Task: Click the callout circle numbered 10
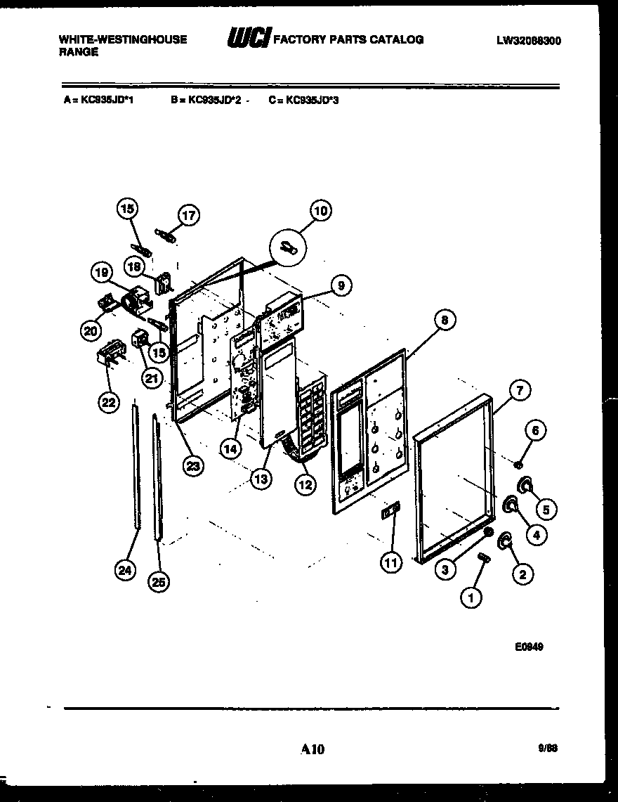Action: [320, 210]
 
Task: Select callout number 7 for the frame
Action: [519, 391]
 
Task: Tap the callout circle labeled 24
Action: [125, 571]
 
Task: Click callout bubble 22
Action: [108, 403]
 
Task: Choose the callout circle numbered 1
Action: [471, 598]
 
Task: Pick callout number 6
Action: [536, 430]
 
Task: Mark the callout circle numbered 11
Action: [390, 561]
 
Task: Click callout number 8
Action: [444, 321]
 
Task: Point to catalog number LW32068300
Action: [528, 41]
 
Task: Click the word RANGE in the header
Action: [78, 51]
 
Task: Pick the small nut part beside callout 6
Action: [517, 463]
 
